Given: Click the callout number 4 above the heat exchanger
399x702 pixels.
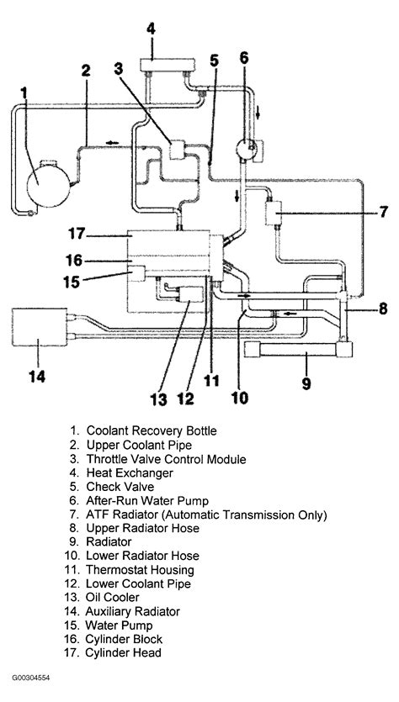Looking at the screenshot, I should pyautogui.click(x=151, y=29).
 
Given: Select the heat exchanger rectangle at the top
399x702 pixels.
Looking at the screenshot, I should pyautogui.click(x=162, y=64).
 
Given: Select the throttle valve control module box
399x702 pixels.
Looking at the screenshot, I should pyautogui.click(x=179, y=150).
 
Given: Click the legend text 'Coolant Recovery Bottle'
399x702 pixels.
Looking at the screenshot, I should pyautogui.click(x=151, y=430).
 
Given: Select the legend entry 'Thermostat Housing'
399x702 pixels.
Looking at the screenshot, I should pyautogui.click(x=143, y=569).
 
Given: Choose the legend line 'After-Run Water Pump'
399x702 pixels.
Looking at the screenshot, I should pyautogui.click(x=145, y=501).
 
